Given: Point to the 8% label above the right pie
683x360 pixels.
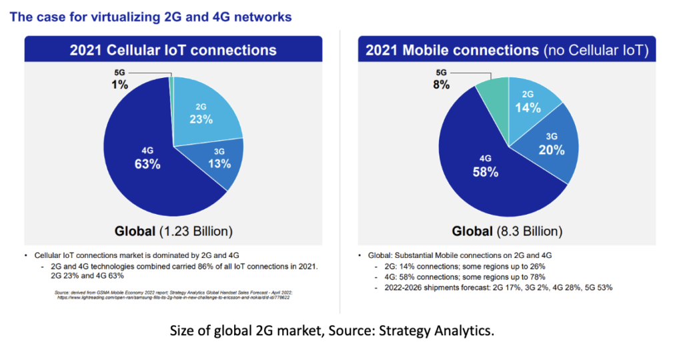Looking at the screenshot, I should click(x=441, y=85).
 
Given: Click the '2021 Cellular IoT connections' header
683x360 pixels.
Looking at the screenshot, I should click(x=173, y=50).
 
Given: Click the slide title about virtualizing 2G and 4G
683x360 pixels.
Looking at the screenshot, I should click(x=151, y=17).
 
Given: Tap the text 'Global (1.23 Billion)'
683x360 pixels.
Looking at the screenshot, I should click(x=173, y=232).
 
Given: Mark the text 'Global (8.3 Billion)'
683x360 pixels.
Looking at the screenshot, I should click(x=507, y=232).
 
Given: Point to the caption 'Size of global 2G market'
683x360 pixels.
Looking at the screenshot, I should click(x=341, y=331).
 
